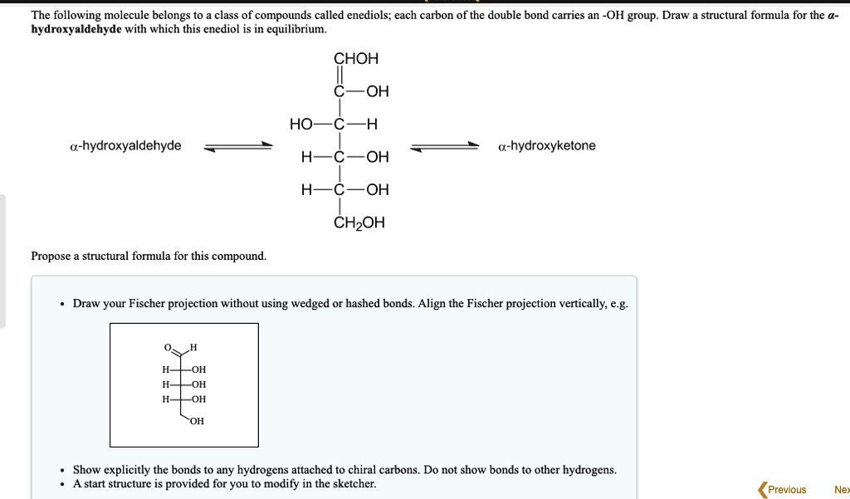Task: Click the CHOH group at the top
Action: coord(356,59)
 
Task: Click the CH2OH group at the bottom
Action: coord(359,223)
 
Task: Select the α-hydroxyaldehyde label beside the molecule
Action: coord(125,146)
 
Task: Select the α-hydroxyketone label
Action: coord(547,146)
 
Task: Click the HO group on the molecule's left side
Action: coord(300,125)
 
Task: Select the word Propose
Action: coord(51,256)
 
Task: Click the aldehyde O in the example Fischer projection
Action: coord(167,347)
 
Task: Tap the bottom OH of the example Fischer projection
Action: coord(196,421)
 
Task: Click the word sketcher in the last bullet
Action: coord(354,483)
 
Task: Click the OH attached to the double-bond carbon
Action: coord(376,91)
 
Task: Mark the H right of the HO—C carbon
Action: coord(372,125)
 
